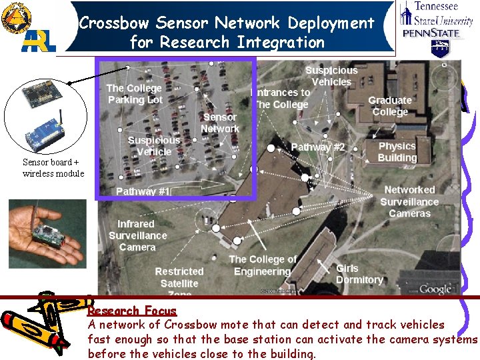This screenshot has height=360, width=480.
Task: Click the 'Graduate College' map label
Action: coord(390,106)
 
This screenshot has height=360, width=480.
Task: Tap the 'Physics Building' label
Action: coord(397,152)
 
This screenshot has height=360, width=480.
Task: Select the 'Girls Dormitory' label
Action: coord(359,274)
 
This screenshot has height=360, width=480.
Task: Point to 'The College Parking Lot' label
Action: coord(134,94)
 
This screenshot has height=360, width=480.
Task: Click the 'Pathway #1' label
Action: coord(143,191)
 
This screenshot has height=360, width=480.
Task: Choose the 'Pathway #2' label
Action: coord(318,147)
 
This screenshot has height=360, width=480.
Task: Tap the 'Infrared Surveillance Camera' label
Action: coord(137,235)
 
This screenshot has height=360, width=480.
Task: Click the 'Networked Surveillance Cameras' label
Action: coord(409,202)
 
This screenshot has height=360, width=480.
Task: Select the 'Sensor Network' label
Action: coord(219,123)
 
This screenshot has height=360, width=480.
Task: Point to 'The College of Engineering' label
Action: coord(262,265)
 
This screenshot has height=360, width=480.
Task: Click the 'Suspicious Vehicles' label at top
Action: coord(331,76)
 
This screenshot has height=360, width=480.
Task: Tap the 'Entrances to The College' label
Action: coord(281,99)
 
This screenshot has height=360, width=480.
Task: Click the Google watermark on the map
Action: coord(435,289)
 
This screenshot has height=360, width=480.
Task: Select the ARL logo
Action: coord(39,41)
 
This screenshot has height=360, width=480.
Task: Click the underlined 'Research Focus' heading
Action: coord(132,311)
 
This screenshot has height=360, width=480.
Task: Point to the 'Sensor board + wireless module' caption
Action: coord(53,168)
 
